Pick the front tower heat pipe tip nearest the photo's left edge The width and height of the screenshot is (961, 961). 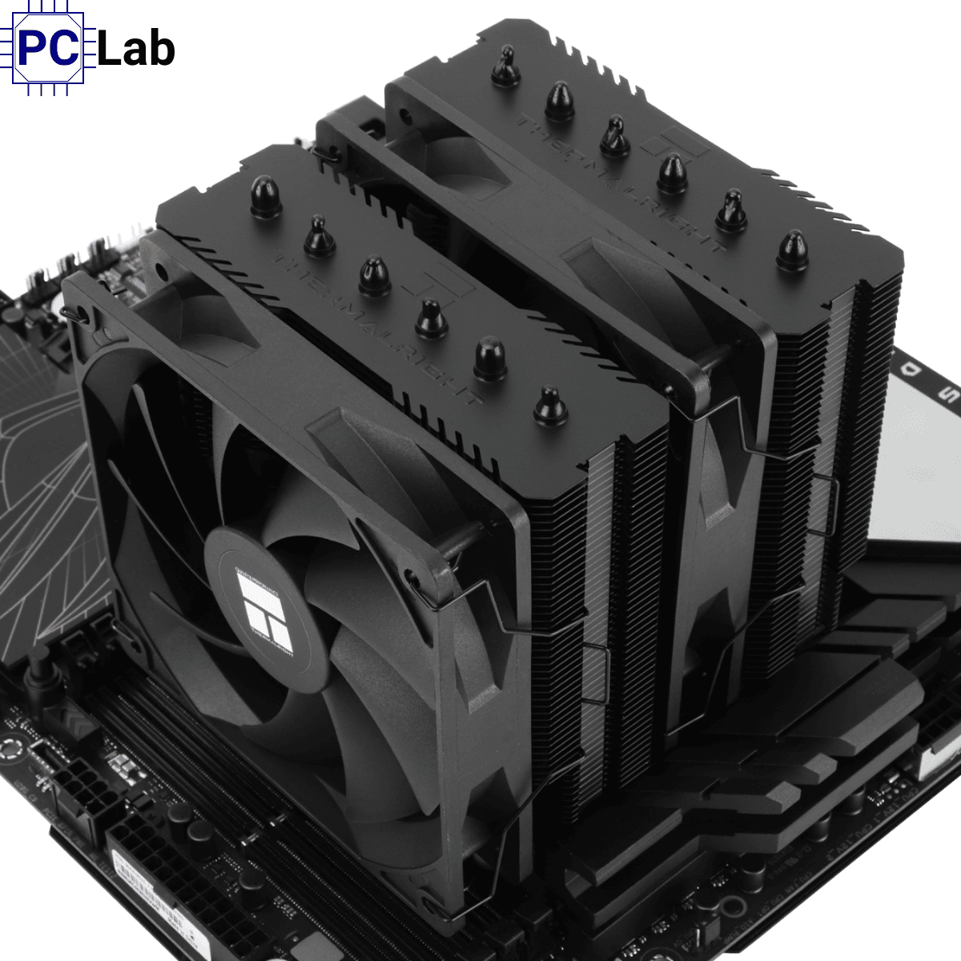click(x=265, y=197)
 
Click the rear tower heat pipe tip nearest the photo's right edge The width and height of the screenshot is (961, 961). click(x=792, y=250)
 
